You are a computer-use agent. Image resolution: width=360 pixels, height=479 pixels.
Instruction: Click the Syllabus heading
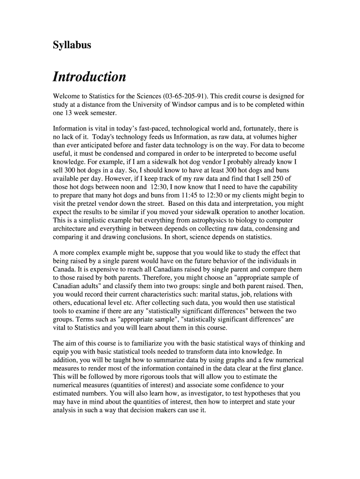click(72, 45)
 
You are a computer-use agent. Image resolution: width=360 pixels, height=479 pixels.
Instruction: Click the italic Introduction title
click(89, 77)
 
